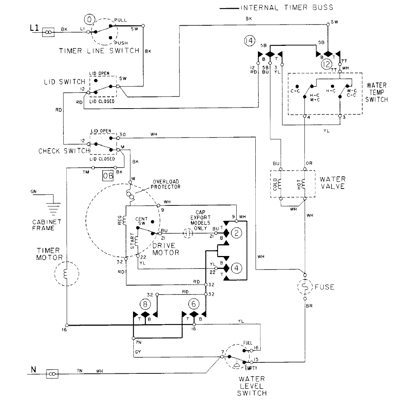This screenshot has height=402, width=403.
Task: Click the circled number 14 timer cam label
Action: [249, 41]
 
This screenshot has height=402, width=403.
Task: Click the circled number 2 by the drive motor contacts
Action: [237, 233]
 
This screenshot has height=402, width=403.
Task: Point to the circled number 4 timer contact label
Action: [237, 268]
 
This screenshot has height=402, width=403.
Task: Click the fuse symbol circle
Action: [305, 286]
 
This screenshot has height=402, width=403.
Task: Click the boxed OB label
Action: [108, 176]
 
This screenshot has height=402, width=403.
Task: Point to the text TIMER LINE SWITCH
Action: [99, 51]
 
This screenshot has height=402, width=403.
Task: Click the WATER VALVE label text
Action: [332, 183]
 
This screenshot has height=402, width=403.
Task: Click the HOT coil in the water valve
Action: [304, 183]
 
